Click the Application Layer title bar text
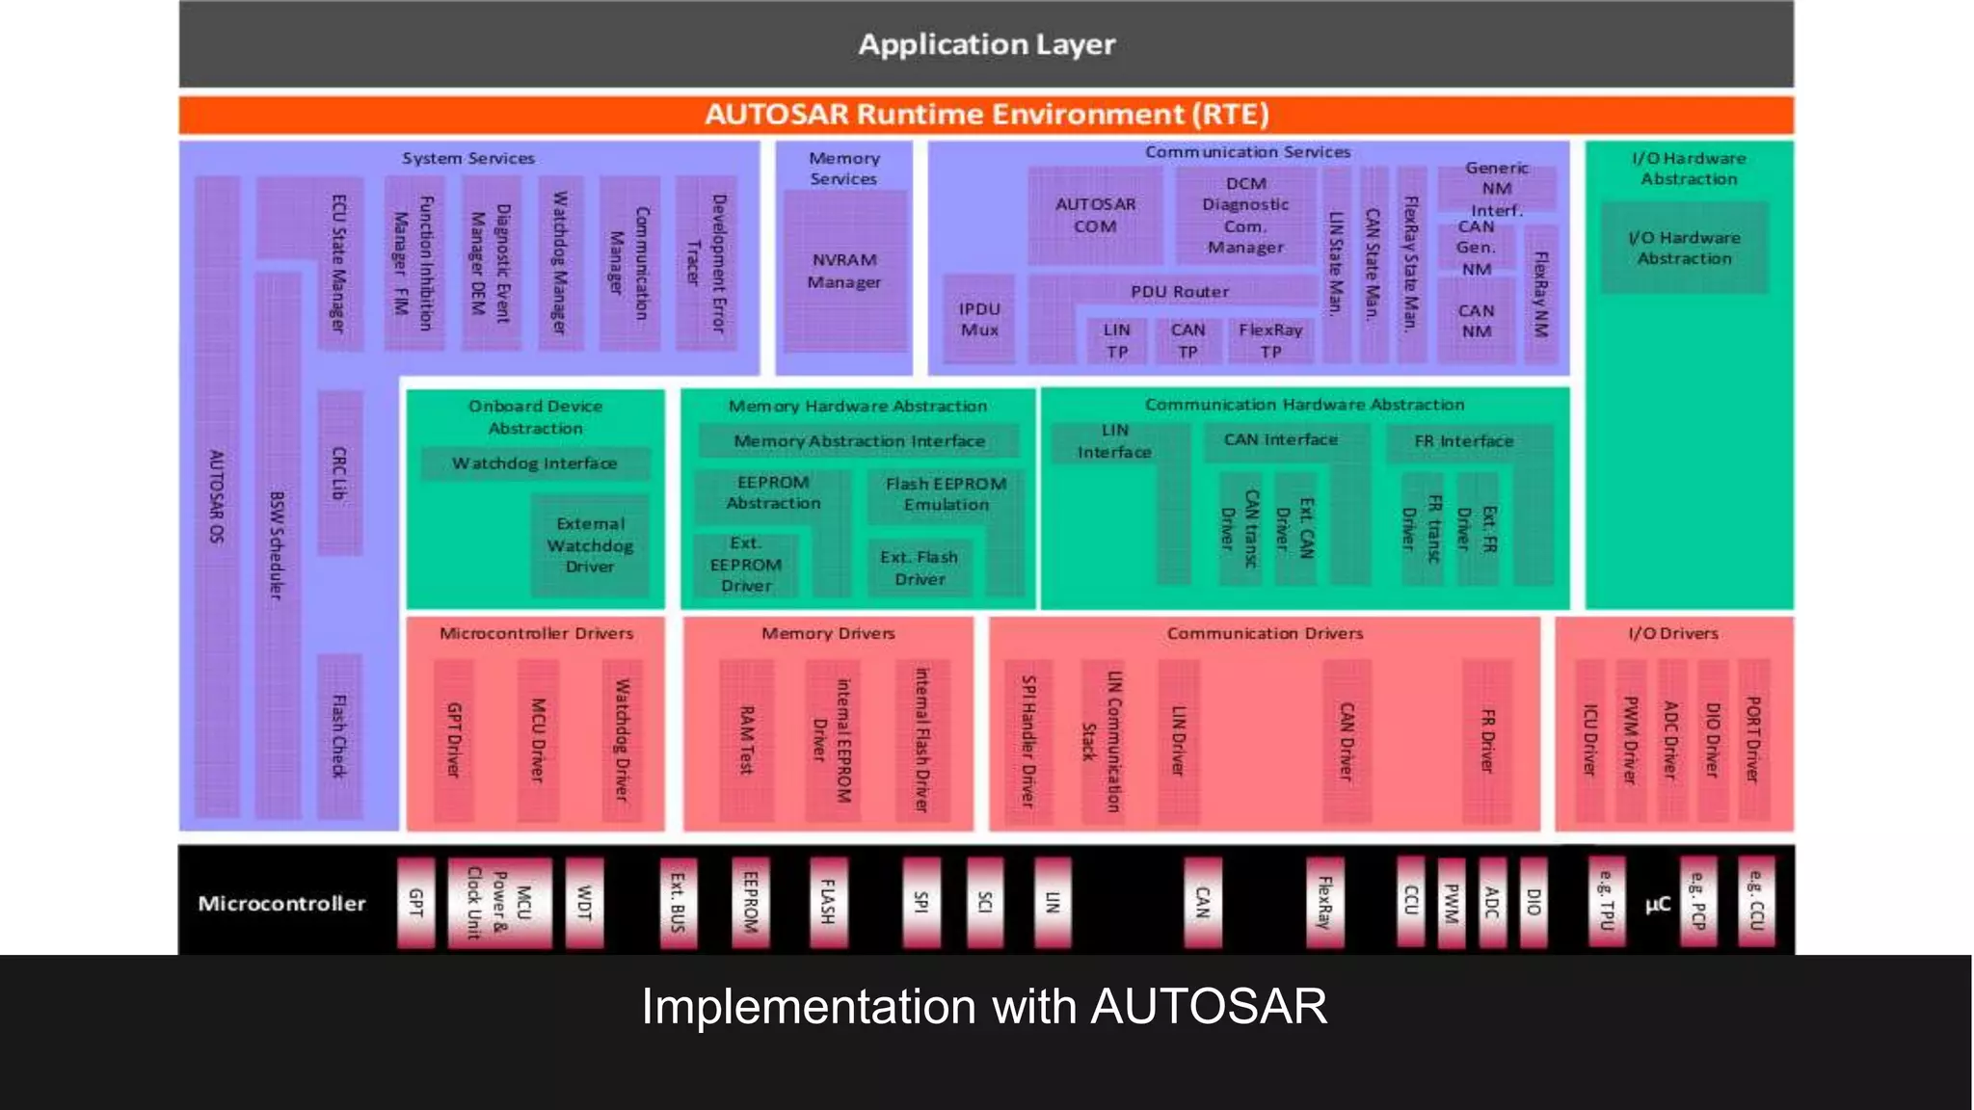point(986,44)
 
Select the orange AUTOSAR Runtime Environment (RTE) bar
point(986,115)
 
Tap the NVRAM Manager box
point(844,272)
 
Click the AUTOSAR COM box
point(1095,216)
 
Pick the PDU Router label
point(1180,291)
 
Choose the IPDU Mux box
point(979,320)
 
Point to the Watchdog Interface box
point(535,463)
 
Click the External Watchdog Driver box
point(590,545)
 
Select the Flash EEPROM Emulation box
point(946,494)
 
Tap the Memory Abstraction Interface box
point(859,441)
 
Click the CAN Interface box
point(1280,440)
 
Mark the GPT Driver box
point(454,739)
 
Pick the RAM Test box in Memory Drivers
point(746,739)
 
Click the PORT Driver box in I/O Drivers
point(1753,739)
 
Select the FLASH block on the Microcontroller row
point(828,902)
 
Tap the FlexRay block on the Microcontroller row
point(1325,902)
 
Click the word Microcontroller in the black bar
point(281,904)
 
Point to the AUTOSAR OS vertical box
point(217,496)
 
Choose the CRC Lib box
point(339,472)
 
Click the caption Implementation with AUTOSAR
point(984,1007)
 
